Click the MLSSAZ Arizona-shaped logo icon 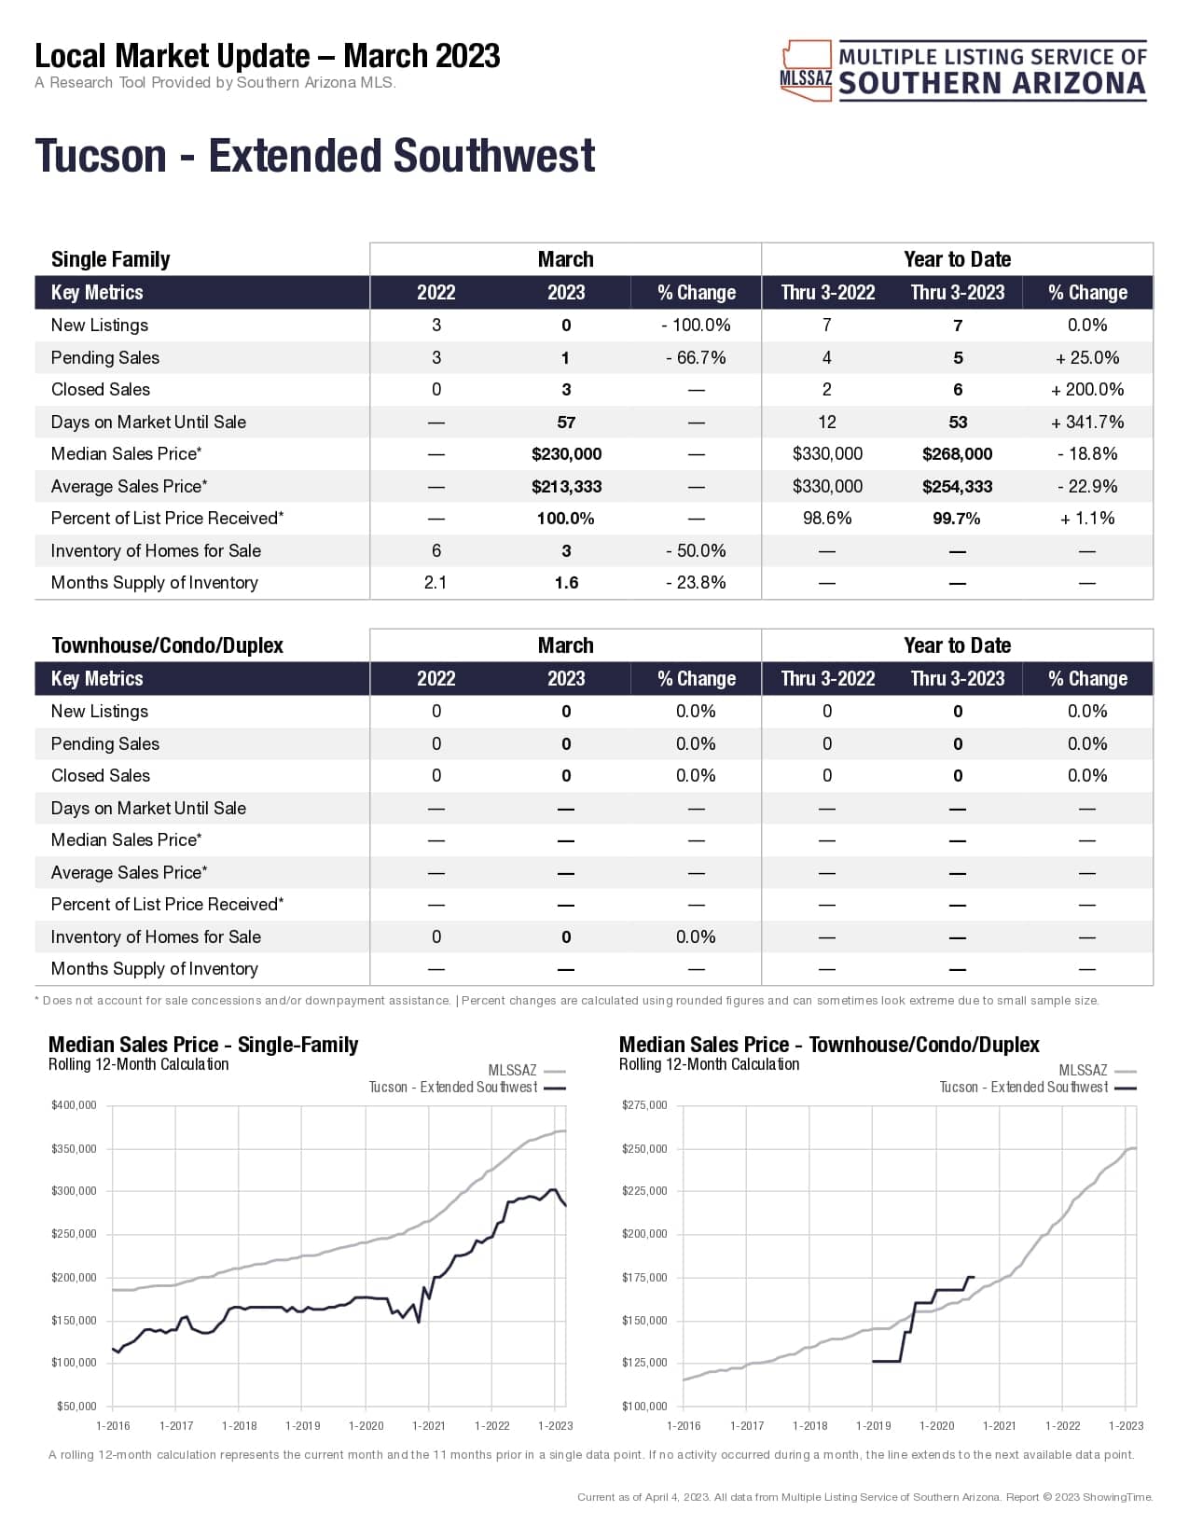click(806, 70)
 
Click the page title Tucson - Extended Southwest click(314, 156)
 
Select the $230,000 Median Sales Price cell click(566, 454)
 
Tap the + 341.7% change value click(1087, 422)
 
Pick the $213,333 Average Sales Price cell click(566, 486)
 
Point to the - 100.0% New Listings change click(696, 326)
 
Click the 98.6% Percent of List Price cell click(827, 519)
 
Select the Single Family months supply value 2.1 click(436, 583)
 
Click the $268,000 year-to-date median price click(957, 454)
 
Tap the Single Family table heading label click(110, 259)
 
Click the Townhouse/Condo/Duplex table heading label click(167, 645)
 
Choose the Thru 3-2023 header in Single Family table click(957, 293)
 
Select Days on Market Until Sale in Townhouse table click(148, 808)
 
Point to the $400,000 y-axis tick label click(74, 1105)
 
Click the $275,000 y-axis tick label click(644, 1105)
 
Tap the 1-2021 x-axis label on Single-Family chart click(429, 1425)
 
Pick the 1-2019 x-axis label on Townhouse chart click(873, 1425)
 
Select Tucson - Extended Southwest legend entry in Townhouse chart click(1024, 1088)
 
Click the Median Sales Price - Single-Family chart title click(203, 1045)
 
